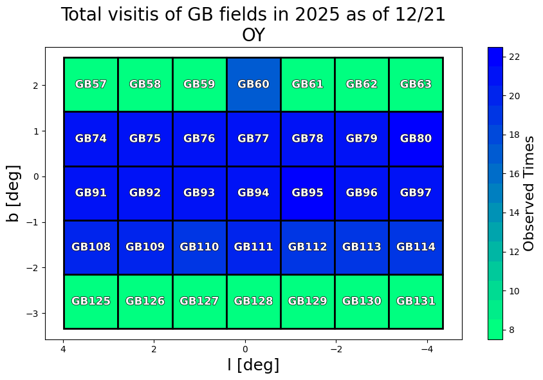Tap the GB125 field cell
(x=91, y=312)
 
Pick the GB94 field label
(x=253, y=193)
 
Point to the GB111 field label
(x=253, y=247)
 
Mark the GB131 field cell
(x=416, y=312)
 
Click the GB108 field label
(x=91, y=247)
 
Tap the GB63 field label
(x=416, y=84)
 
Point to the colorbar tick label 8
(x=513, y=330)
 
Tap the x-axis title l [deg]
(x=253, y=365)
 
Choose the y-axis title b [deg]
(x=14, y=193)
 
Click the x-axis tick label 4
(x=63, y=349)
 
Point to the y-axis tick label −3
(x=33, y=313)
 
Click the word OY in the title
(x=253, y=35)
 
